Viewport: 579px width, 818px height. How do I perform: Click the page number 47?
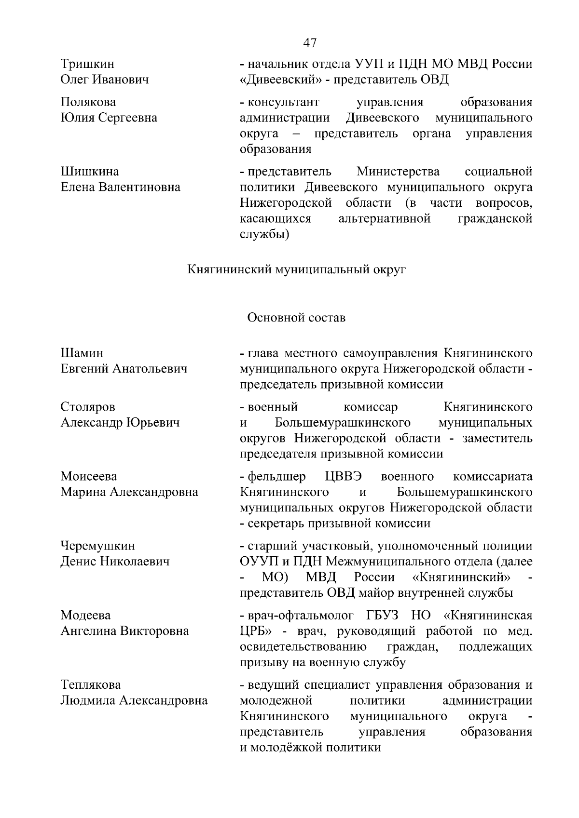310,43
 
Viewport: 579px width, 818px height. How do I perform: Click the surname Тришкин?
87,64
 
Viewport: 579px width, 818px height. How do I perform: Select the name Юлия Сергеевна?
109,118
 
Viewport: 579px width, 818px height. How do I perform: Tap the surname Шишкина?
90,172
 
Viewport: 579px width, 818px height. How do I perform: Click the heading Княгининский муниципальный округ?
296,269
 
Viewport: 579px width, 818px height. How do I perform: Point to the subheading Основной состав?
296,318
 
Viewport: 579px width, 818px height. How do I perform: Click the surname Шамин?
82,353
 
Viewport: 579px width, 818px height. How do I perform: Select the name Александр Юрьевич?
120,423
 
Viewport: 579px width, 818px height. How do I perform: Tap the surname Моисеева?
89,477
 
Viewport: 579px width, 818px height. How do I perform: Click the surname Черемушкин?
98,546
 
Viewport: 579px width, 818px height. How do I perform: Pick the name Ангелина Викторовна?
124,631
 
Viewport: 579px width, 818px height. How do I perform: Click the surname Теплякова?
91,685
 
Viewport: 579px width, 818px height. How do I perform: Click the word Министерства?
398,172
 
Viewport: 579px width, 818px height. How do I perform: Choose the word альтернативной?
384,219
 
